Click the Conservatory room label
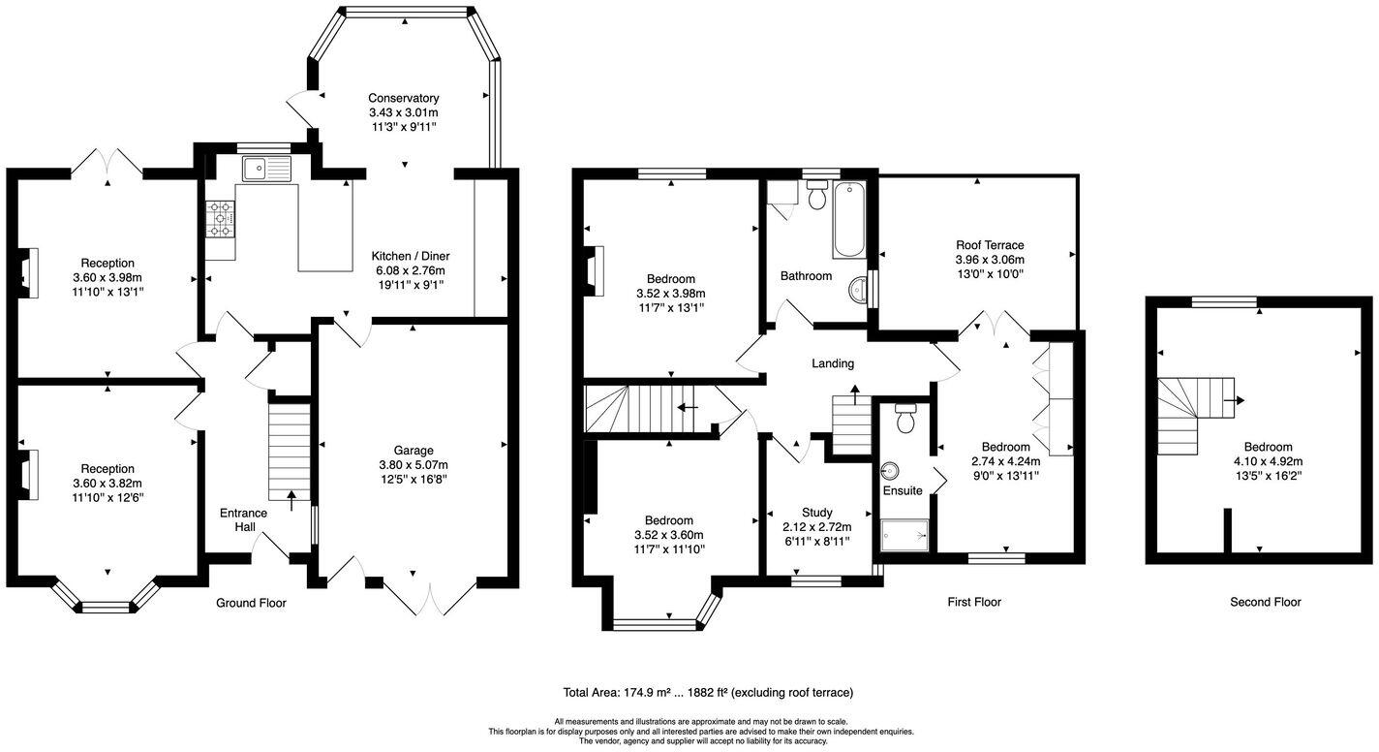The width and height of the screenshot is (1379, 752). (x=403, y=98)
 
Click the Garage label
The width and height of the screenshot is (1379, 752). (x=413, y=450)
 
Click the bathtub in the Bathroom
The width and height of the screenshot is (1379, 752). (x=848, y=220)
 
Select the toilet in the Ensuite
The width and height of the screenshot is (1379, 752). (x=905, y=418)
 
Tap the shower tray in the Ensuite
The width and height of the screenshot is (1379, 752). (x=904, y=534)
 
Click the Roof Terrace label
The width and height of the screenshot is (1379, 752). (x=989, y=245)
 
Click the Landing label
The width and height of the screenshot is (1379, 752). (x=832, y=363)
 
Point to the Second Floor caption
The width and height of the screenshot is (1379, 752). (x=1265, y=602)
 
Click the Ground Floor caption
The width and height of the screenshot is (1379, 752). (x=251, y=603)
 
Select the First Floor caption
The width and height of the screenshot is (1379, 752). (x=973, y=602)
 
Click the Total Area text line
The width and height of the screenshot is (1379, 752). (x=707, y=692)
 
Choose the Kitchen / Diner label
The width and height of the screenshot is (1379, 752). (x=410, y=256)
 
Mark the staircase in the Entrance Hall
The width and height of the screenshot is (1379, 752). (x=289, y=451)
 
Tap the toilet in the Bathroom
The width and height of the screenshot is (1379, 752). (x=816, y=199)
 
